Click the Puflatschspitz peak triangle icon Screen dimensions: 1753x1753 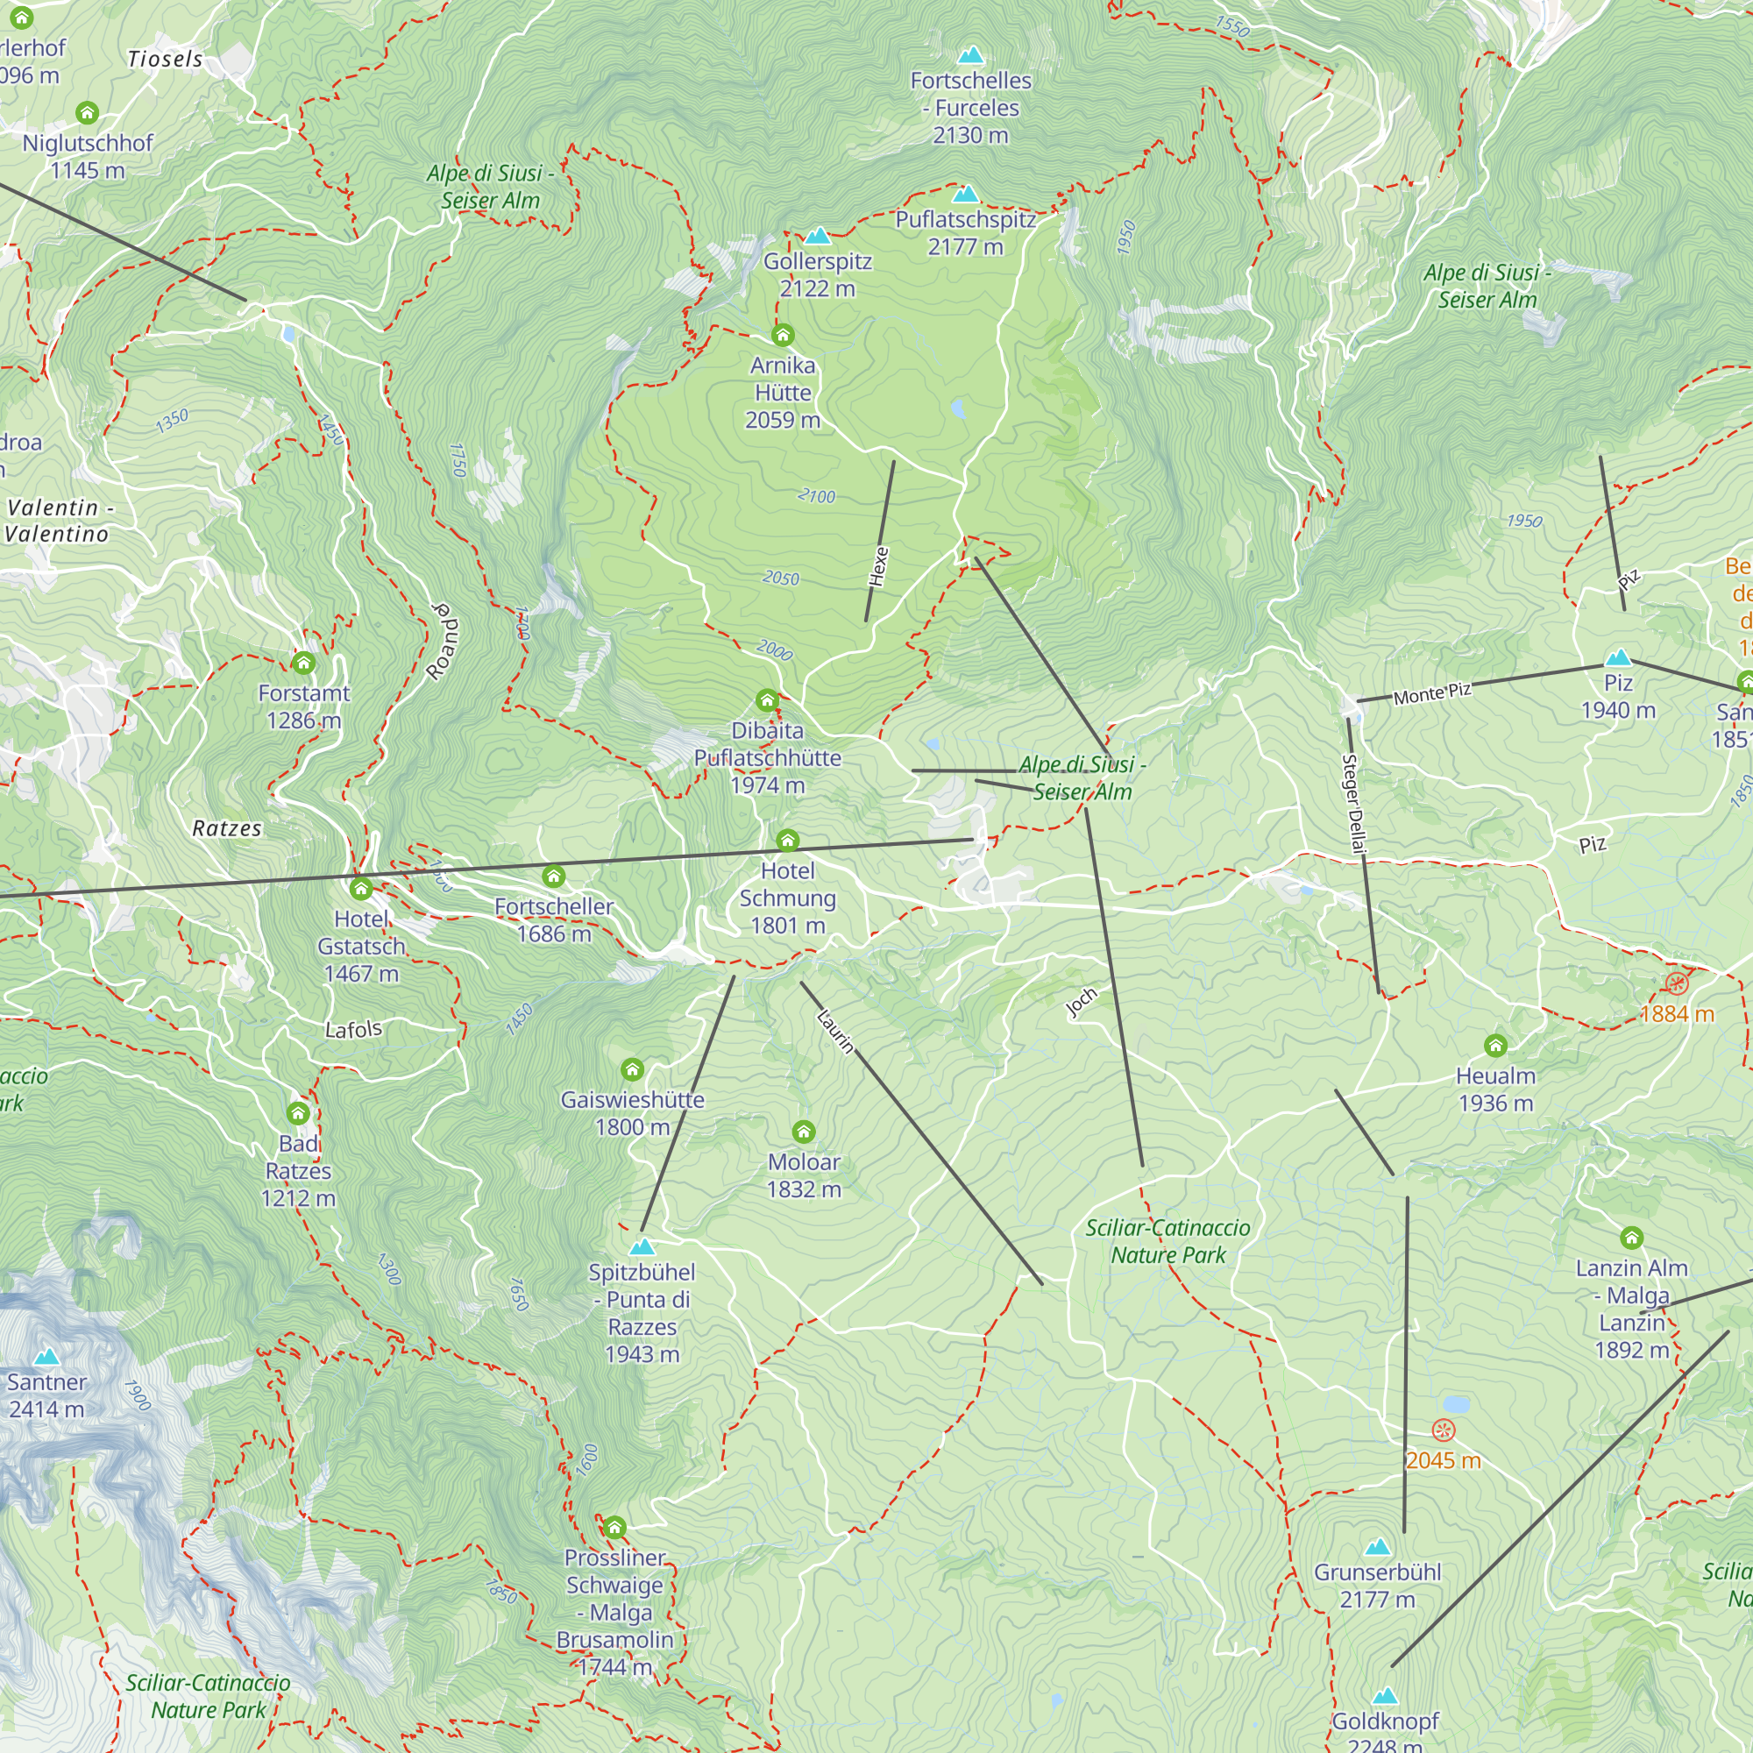point(965,195)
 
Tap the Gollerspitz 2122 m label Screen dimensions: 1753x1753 point(818,274)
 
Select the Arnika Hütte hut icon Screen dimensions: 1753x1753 point(782,336)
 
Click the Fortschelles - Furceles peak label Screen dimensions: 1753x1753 point(971,107)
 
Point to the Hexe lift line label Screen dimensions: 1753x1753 point(878,566)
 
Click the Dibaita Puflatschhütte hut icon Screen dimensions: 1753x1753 point(768,699)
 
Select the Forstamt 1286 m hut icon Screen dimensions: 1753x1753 point(304,664)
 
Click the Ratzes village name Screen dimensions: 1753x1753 point(227,828)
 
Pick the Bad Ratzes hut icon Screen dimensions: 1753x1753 point(299,1113)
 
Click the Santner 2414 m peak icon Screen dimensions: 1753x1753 point(46,1358)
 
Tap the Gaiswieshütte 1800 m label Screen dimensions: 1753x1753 point(633,1112)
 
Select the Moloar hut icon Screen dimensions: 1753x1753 point(804,1132)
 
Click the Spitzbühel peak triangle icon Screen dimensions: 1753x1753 point(642,1246)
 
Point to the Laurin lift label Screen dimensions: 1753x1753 point(834,1032)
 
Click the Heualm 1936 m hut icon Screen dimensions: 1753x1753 point(1495,1047)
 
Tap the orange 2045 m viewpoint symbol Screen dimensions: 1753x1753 point(1443,1431)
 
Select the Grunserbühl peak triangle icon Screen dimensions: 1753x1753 point(1377,1546)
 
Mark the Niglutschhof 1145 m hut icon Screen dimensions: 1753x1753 point(87,113)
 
